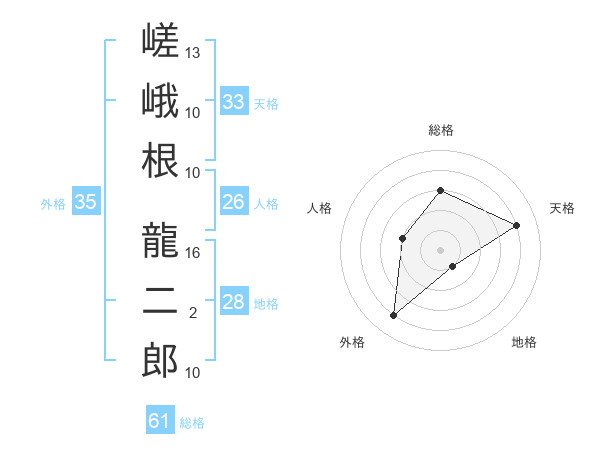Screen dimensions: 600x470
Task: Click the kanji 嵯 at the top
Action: pos(160,40)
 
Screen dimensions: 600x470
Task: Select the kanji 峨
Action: pos(160,100)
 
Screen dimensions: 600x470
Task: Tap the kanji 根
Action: pos(160,160)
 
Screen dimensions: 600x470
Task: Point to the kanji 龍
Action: pos(160,240)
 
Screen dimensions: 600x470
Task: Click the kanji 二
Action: pos(160,301)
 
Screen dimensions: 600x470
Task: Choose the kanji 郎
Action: pos(160,360)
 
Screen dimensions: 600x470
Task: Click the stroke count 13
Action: pos(192,53)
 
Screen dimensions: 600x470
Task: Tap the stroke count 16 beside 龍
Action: pos(192,253)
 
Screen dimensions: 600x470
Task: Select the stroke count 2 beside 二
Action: pos(193,313)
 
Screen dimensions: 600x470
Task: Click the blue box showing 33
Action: pos(234,101)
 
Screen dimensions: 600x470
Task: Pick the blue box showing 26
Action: pos(234,201)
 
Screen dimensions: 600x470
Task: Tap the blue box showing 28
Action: pos(234,300)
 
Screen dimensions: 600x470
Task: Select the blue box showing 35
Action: pos(86,201)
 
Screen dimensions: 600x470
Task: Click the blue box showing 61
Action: pos(160,419)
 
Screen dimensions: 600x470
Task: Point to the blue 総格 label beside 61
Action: pos(192,423)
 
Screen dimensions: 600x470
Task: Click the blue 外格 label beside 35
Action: pos(53,204)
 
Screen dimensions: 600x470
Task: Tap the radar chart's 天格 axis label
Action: pos(562,208)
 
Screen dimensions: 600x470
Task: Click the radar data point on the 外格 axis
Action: pos(393,315)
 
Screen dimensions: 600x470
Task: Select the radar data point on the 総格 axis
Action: pos(440,190)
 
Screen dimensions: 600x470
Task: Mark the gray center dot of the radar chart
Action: pos(440,250)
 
